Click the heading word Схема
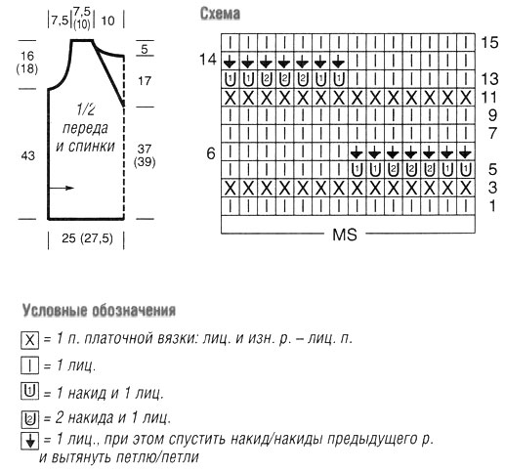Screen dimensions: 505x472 (220, 14)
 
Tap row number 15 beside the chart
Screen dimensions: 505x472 (489, 42)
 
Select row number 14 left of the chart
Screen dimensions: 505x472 (208, 60)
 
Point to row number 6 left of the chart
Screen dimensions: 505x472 (211, 153)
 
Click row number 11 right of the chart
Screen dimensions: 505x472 (489, 97)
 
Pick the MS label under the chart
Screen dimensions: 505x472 (345, 235)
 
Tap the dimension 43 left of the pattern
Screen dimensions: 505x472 (28, 155)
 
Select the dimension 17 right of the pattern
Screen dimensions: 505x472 (145, 81)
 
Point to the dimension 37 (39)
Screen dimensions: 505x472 (145, 155)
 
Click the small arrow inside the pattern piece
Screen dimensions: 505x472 (62, 188)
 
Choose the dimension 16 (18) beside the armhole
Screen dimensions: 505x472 (27, 63)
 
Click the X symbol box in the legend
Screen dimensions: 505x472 (29, 340)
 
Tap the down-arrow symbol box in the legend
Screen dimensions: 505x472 (29, 441)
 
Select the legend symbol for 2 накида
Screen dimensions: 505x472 (29, 419)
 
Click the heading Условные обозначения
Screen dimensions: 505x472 (99, 311)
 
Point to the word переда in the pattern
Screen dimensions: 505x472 (85, 128)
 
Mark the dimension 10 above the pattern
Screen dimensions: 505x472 (107, 21)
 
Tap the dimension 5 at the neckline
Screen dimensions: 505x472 (145, 49)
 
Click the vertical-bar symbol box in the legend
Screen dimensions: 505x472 (29, 365)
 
